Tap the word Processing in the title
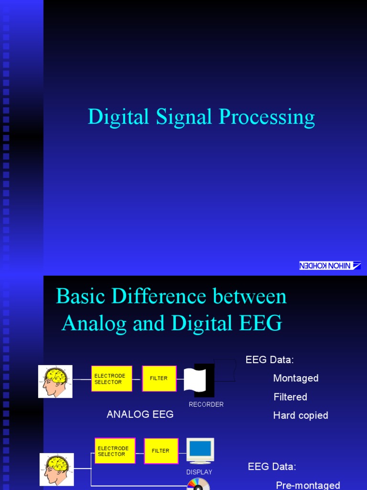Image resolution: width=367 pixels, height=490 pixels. click(267, 118)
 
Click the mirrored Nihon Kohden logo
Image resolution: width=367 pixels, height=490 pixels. click(330, 266)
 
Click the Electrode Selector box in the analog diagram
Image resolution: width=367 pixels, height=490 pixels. click(112, 379)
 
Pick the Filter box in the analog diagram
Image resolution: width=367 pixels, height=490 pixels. click(159, 379)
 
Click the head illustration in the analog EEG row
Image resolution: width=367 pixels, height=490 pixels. click(55, 381)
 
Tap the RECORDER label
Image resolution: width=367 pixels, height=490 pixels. click(206, 404)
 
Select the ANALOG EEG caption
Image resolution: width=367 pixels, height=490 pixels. click(140, 414)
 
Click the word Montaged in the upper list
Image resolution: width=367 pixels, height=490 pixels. click(296, 379)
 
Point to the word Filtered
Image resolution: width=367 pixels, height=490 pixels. click(291, 397)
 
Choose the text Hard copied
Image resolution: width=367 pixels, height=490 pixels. click(301, 415)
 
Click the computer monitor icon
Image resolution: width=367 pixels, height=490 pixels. click(200, 450)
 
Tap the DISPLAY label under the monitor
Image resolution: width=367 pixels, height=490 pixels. click(199, 472)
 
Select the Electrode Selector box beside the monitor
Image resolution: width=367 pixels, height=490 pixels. click(115, 451)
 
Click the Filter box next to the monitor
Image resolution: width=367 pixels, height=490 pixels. click(161, 451)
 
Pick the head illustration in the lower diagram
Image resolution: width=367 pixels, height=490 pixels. click(56, 469)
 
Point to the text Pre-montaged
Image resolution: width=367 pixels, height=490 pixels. click(308, 485)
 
